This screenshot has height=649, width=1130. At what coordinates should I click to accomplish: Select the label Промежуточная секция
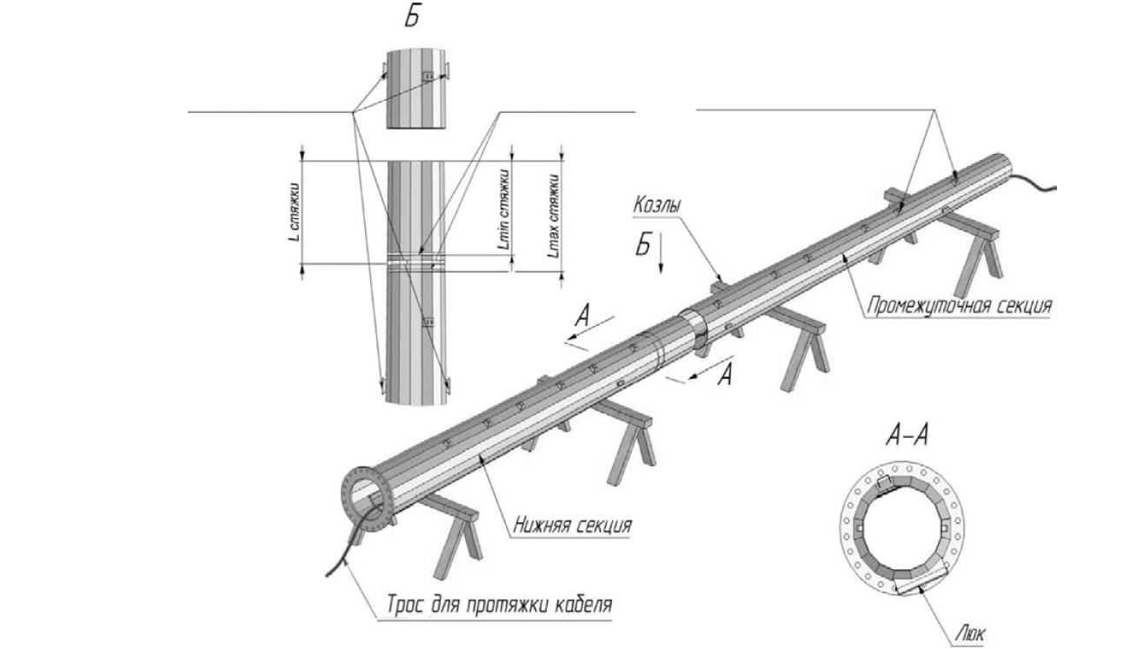tap(959, 306)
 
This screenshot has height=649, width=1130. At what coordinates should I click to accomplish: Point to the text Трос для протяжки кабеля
tap(500, 604)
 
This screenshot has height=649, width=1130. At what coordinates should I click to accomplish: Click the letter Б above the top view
tap(412, 17)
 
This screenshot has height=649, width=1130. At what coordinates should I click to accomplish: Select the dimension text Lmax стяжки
tap(555, 215)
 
